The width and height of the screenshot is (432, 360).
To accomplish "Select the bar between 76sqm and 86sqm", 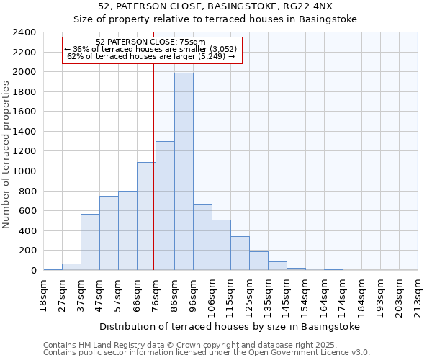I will [165, 206].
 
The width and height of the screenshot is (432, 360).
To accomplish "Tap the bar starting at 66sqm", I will [146, 216].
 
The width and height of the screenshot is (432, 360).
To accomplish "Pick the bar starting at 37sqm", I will [90, 242].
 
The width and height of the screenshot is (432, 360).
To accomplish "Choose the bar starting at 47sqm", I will [109, 233].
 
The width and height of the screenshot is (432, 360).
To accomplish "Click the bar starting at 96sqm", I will [202, 238].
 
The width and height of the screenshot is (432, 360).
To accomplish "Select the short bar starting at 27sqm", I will [71, 266].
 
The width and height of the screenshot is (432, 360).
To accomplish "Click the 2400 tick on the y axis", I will [24, 32].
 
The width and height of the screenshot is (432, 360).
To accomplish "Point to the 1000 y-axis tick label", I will [24, 171].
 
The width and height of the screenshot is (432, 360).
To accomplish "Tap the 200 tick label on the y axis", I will [27, 251].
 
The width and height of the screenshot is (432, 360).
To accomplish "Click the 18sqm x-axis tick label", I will [43, 294].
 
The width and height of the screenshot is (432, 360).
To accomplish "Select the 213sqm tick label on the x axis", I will [418, 295].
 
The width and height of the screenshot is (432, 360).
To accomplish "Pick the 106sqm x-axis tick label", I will [212, 295].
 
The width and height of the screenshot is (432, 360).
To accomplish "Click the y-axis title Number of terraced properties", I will [6, 155].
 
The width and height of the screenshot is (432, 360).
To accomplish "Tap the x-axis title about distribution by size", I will [229, 326].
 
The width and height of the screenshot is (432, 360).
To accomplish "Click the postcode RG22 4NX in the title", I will [307, 6].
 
